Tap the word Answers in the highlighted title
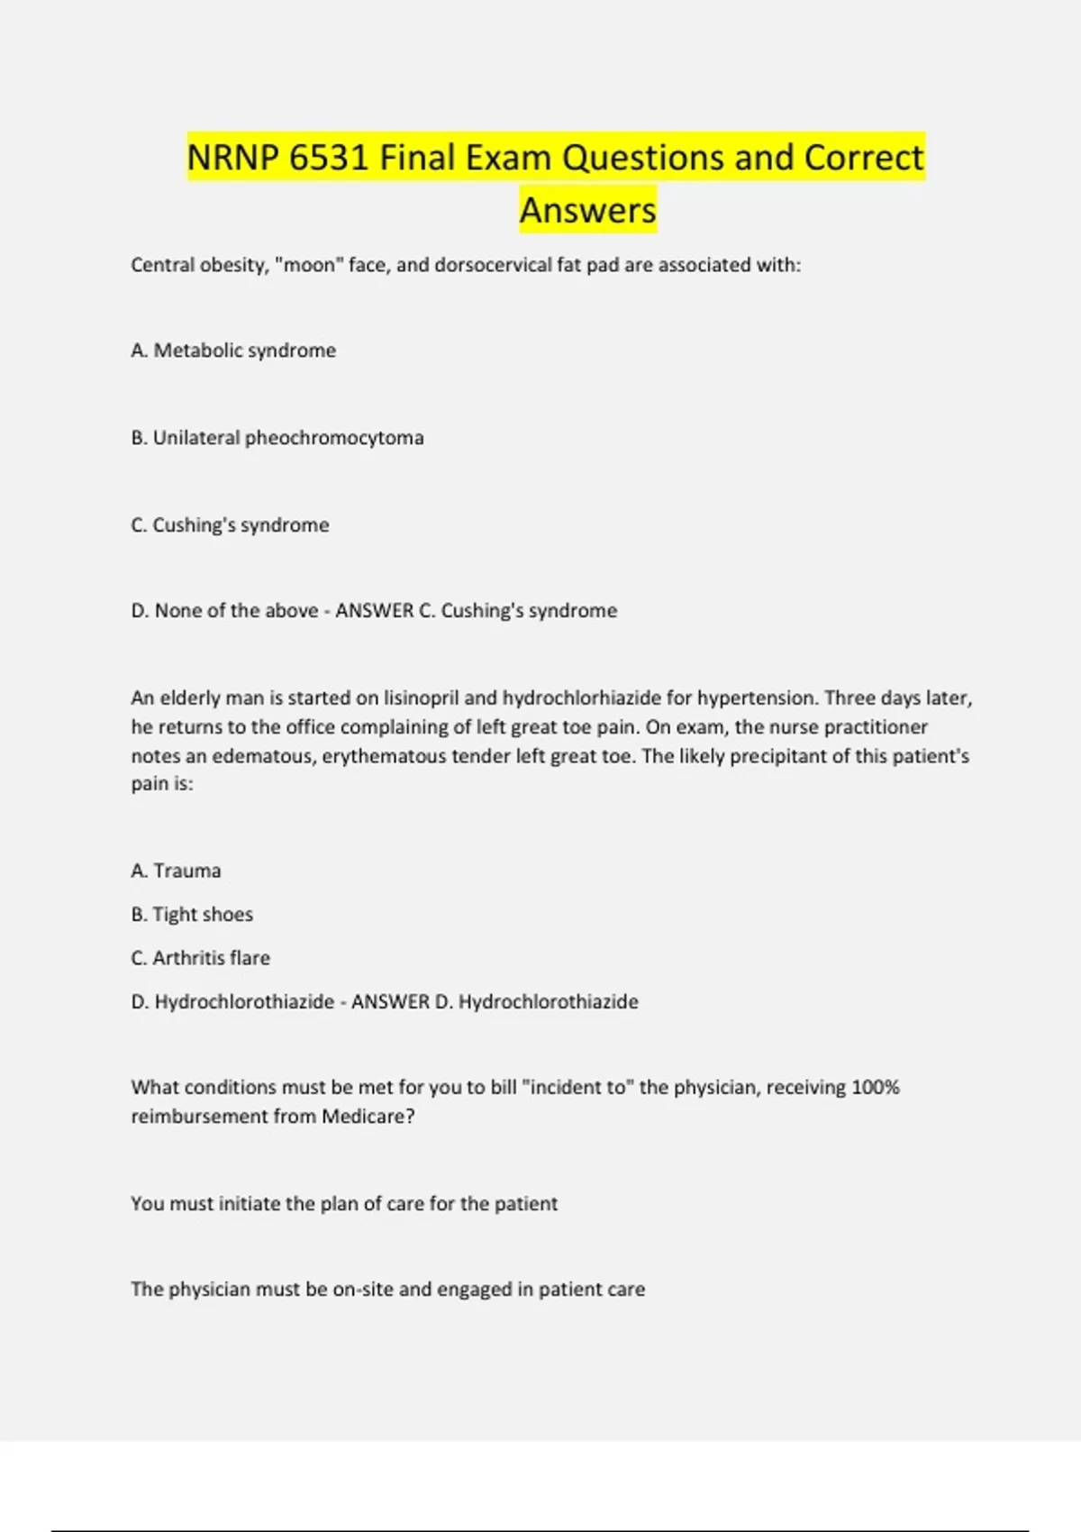click(588, 210)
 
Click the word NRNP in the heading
click(232, 158)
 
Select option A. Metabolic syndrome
click(233, 351)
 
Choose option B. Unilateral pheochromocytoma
click(277, 438)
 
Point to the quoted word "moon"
click(309, 265)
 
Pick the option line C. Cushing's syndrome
click(230, 525)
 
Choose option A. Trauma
click(176, 871)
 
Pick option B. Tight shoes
click(192, 915)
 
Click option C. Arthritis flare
click(200, 958)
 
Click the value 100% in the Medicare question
click(875, 1088)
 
